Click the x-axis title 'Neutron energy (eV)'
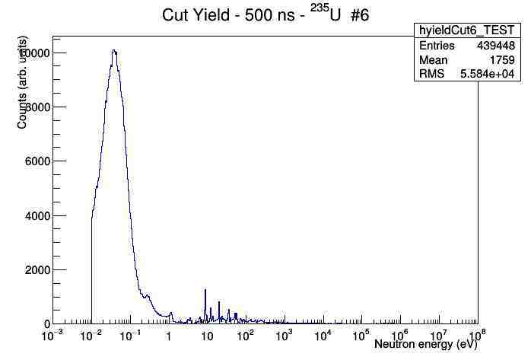[425, 345]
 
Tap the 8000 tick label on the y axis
[37, 107]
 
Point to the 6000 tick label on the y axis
[37, 162]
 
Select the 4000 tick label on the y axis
[37, 216]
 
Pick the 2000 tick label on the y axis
[37, 270]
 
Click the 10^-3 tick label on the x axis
[51, 335]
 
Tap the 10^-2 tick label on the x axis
[90, 335]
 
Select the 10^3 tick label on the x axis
[284, 335]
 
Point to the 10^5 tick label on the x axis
[361, 335]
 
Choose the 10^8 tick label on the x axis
[477, 335]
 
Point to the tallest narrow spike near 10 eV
[205, 290]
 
